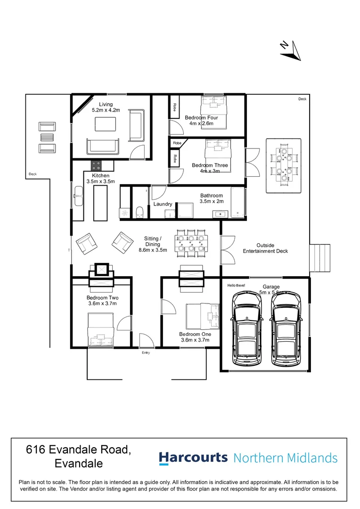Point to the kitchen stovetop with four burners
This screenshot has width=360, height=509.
pyautogui.click(x=97, y=165)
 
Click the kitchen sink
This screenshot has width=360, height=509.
pyautogui.click(x=79, y=195)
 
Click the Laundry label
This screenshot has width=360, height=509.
pyautogui.click(x=162, y=205)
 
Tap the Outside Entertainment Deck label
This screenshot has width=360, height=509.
pyautogui.click(x=265, y=248)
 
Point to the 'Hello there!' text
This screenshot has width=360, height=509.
pyautogui.click(x=236, y=285)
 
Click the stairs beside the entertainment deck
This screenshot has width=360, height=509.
pyautogui.click(x=320, y=259)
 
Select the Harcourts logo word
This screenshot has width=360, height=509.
pyautogui.click(x=193, y=458)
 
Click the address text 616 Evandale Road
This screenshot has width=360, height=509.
pyautogui.click(x=78, y=450)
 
